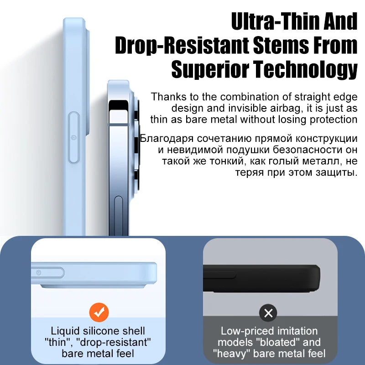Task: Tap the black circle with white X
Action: pyautogui.click(x=268, y=313)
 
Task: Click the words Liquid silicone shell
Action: pyautogui.click(x=98, y=331)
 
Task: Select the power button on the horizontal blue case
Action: pyautogui.click(x=39, y=272)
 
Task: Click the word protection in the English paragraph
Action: pyautogui.click(x=333, y=120)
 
